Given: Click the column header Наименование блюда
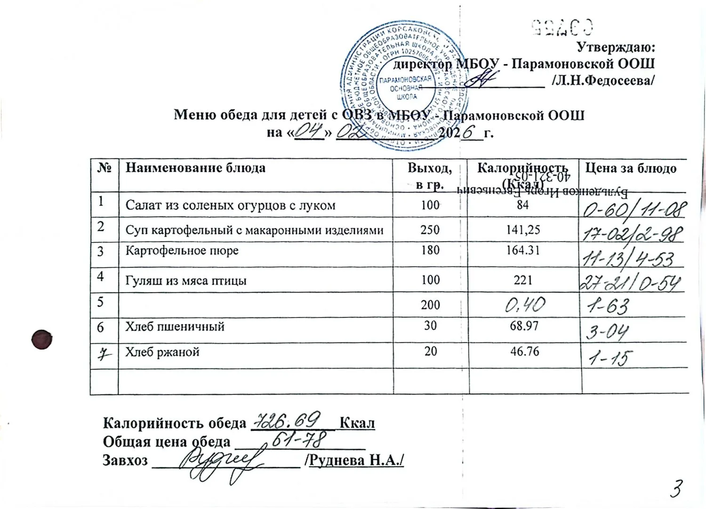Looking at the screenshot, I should (195, 168).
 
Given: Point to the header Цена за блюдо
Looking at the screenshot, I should (631, 168).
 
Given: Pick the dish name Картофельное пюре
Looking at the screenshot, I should (182, 250).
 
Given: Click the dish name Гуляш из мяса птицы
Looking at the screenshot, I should (186, 281).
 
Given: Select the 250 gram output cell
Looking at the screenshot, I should (430, 230).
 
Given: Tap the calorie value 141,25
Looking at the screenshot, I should (523, 230).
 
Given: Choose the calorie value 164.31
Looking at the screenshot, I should (523, 250).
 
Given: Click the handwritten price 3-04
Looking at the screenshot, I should (607, 333).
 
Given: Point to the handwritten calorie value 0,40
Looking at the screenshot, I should (525, 306).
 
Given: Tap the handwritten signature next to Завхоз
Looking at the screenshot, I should (226, 463).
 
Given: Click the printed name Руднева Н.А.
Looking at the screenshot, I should (356, 460).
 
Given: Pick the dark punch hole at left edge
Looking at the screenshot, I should (42, 339).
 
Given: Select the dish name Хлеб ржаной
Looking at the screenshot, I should (162, 352).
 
